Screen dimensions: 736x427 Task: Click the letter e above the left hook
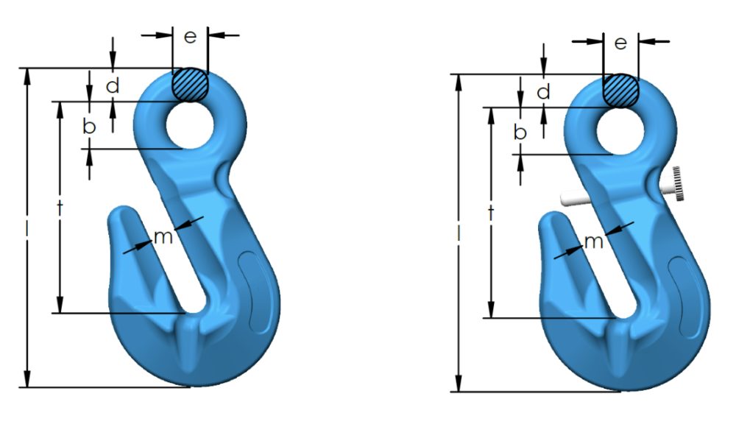pos(190,37)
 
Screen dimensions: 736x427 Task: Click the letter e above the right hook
pos(620,43)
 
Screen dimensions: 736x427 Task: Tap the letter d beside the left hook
pos(113,85)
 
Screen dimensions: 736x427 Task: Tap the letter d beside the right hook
pos(544,91)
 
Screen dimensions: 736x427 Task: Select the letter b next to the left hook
pos(89,125)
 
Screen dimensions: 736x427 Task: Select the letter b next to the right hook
pos(520,132)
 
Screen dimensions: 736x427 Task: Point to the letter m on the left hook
pos(163,237)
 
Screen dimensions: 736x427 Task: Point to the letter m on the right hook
pos(594,242)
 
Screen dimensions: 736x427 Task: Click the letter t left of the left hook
pos(60,208)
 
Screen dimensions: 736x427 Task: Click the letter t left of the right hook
pos(491,213)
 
